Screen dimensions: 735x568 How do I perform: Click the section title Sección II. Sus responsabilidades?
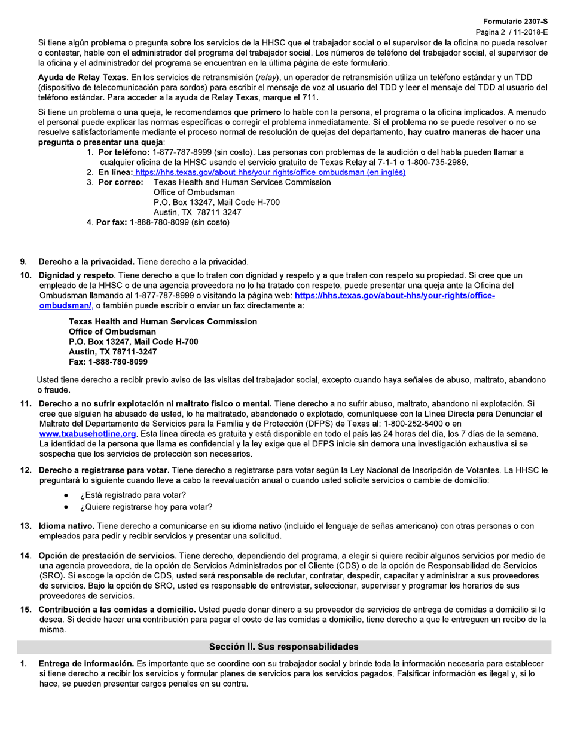tap(283, 647)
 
